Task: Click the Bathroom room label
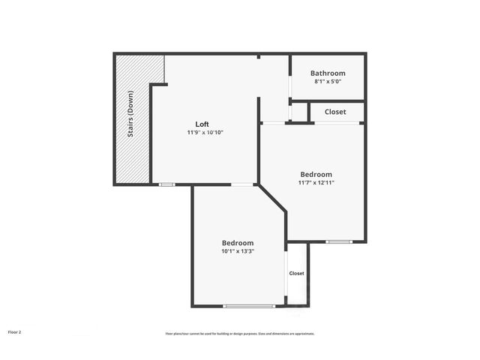pos(328,73)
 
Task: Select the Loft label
pos(202,124)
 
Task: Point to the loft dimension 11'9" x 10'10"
pos(205,132)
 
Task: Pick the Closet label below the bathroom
pos(335,112)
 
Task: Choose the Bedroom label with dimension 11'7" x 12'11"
pos(316,174)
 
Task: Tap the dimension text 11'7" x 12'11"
pos(316,182)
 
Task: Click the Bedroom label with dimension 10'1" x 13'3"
pos(237,243)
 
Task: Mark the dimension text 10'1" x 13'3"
pos(237,251)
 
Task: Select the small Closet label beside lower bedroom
pos(297,274)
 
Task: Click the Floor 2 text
pos(15,331)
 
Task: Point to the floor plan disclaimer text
pos(239,333)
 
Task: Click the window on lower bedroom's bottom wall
pos(250,305)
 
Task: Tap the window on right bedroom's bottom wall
pos(339,241)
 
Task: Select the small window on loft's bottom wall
pos(166,184)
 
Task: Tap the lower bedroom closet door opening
pos(286,274)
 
